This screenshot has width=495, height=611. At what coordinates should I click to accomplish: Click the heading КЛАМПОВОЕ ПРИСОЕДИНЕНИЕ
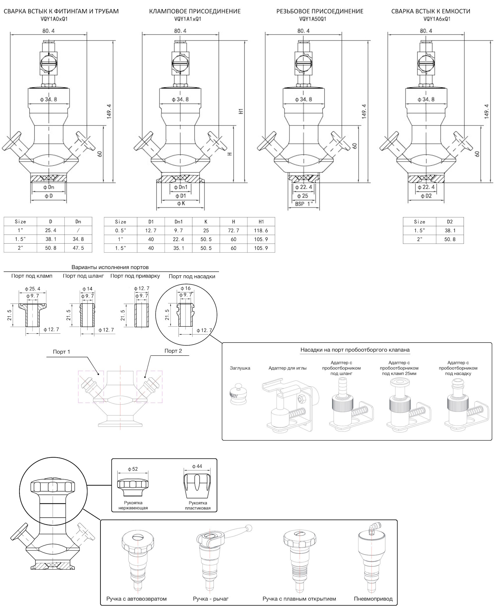(x=195, y=11)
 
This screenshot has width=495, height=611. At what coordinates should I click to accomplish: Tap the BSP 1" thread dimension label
(x=304, y=204)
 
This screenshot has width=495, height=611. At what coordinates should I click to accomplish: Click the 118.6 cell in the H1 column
(x=261, y=231)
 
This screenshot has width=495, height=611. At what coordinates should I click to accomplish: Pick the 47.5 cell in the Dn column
(x=78, y=248)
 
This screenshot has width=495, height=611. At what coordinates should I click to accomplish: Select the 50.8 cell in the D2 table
(x=450, y=239)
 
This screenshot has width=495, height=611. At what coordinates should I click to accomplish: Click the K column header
(x=206, y=222)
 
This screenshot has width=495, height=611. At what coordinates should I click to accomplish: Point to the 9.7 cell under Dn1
(x=178, y=231)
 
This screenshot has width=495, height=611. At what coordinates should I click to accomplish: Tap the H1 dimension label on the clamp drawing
(x=241, y=111)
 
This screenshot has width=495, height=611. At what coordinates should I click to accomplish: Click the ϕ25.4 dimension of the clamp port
(x=33, y=289)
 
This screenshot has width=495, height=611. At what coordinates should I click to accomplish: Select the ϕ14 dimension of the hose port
(x=87, y=289)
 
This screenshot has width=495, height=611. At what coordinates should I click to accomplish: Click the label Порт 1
(x=61, y=352)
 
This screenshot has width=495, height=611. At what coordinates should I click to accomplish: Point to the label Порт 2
(x=173, y=351)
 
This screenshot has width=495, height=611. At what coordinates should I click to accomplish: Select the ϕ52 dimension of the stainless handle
(x=133, y=469)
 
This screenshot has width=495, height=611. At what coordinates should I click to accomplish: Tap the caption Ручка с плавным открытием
(x=299, y=599)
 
